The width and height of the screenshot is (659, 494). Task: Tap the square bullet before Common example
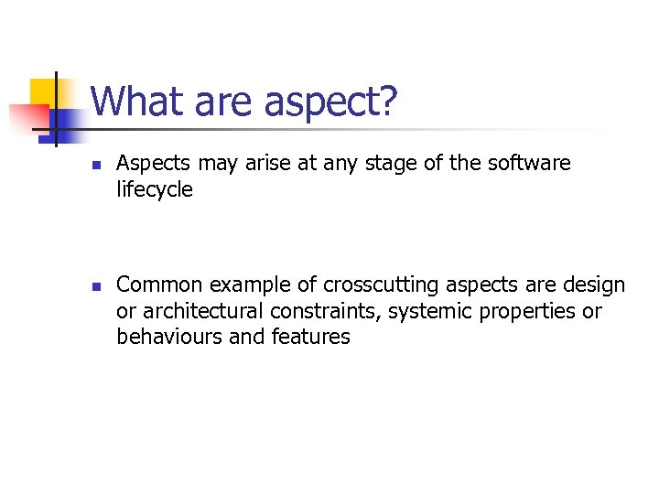click(95, 287)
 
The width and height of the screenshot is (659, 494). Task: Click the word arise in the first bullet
click(271, 164)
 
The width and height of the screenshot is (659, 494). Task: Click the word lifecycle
click(155, 190)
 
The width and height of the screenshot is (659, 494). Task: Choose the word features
click(311, 337)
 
